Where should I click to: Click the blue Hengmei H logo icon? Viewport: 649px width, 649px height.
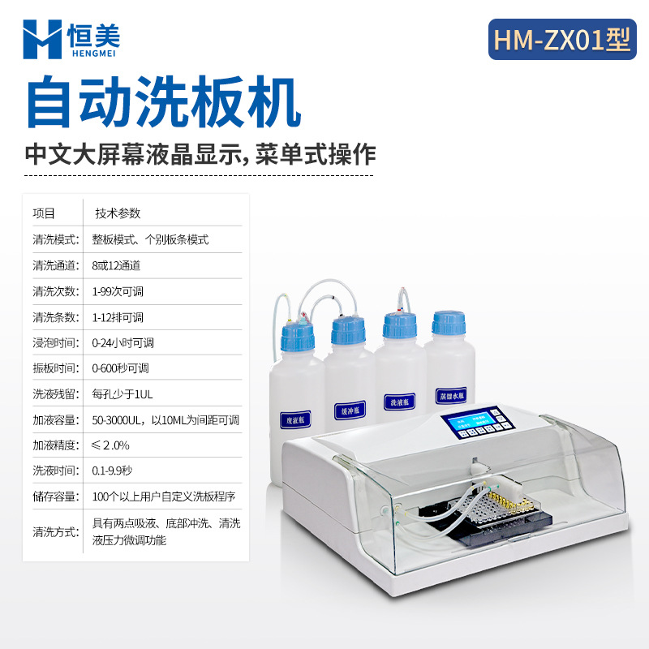(x=42, y=38)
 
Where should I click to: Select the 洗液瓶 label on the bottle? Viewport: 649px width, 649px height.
(x=400, y=400)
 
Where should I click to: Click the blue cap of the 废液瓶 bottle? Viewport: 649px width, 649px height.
(x=297, y=334)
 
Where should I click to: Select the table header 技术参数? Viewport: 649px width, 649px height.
(x=118, y=213)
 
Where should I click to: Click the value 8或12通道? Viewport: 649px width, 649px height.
(x=117, y=265)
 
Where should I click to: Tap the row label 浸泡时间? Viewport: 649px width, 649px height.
(x=54, y=342)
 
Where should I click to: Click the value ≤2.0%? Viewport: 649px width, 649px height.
(x=110, y=445)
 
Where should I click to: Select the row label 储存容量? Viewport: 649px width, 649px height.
(x=54, y=496)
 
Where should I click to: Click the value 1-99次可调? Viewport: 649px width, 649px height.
(x=118, y=291)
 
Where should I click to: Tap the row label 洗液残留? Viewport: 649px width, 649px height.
(x=54, y=394)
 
